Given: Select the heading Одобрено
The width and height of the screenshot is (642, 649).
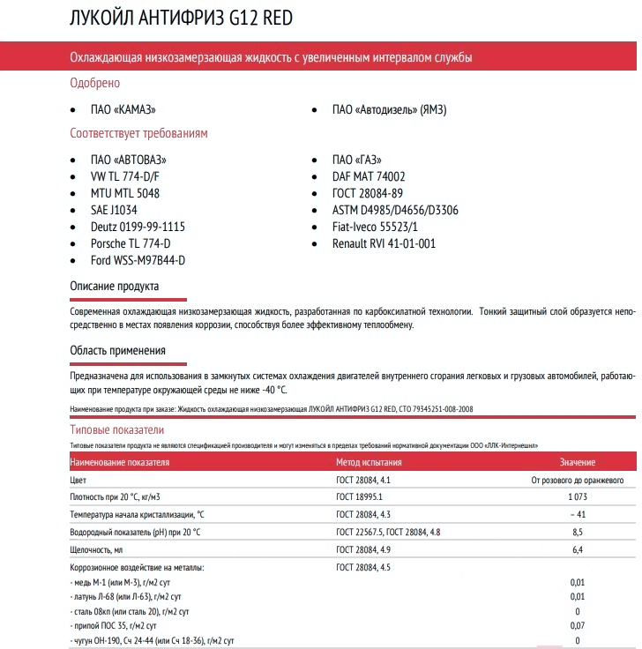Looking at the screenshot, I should point(94,83).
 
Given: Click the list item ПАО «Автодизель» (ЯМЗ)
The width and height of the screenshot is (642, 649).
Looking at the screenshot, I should point(389,110).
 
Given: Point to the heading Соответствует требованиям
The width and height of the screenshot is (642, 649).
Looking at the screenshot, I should point(138,133).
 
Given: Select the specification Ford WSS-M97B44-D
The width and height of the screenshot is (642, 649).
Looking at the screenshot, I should point(138,260).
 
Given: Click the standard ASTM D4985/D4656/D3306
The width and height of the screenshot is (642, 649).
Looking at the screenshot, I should point(395,210).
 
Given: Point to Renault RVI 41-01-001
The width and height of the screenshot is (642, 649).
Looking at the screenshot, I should point(384,243).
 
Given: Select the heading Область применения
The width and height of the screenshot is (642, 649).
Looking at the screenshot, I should point(117,351).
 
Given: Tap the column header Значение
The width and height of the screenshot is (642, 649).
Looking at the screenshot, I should point(577,462).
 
